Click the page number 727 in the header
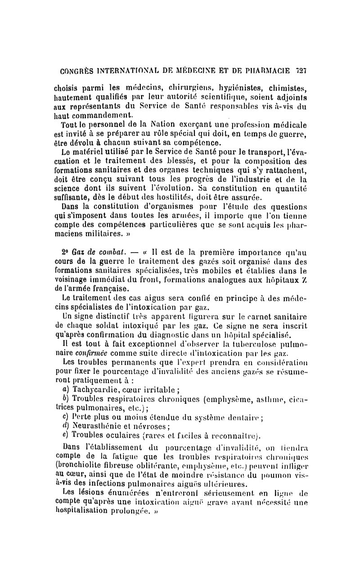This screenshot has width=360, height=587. (301, 71)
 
